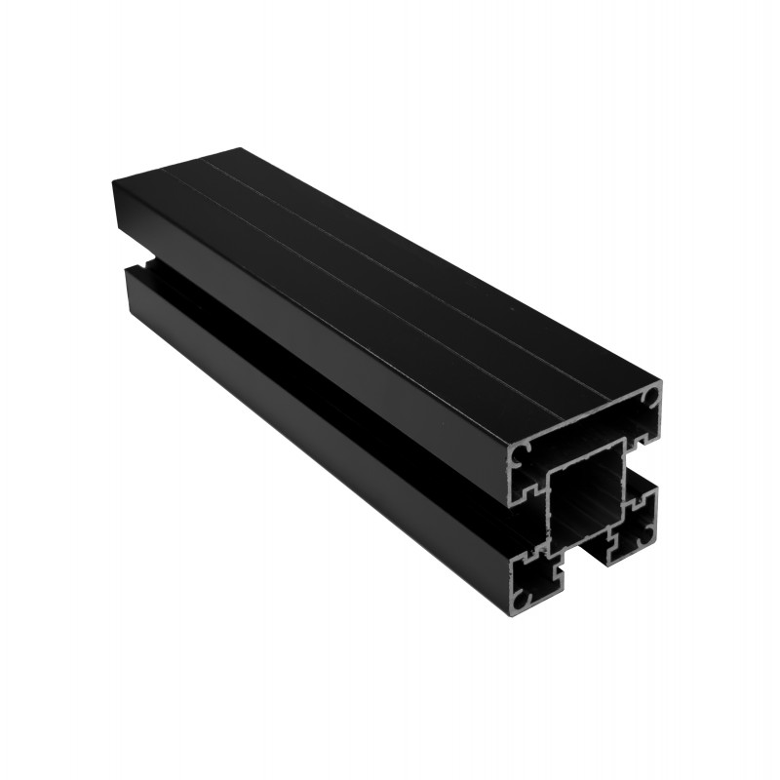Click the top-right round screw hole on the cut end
pos(649,399)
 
